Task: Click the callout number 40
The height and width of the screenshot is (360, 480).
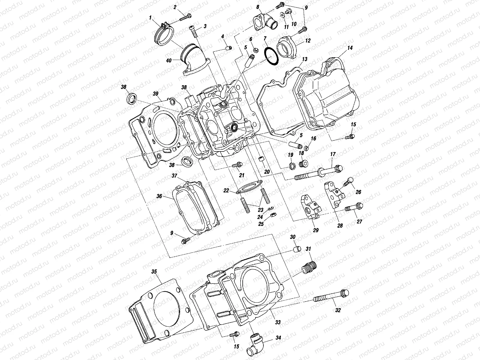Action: click(x=169, y=60)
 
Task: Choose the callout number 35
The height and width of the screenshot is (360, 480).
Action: click(x=154, y=272)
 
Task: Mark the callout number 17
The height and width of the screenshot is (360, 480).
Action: click(x=333, y=154)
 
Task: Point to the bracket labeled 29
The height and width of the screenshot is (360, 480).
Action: click(x=309, y=207)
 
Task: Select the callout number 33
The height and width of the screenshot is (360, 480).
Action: click(x=278, y=322)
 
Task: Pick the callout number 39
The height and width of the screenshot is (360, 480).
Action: click(x=155, y=94)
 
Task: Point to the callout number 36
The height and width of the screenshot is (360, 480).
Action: click(x=159, y=196)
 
